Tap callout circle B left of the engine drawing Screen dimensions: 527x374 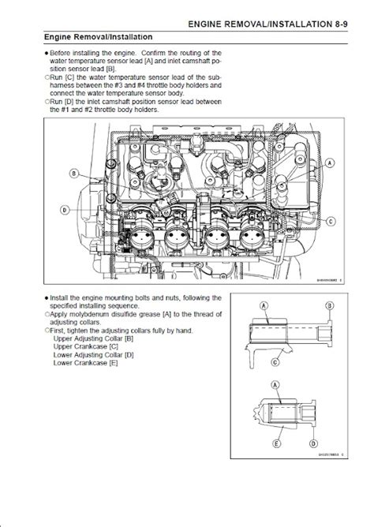pos(73,173)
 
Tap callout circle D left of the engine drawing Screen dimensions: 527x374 pos(63,209)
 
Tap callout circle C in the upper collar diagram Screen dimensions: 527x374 pos(275,362)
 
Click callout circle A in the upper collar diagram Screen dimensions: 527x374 pos(274,305)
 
